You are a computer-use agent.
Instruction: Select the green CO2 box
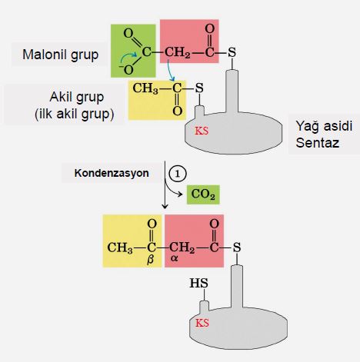tap(202, 194)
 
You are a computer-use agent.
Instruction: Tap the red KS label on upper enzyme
tap(202, 131)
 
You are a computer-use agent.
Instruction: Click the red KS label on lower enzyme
tap(202, 322)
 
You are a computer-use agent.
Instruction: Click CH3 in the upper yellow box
tap(146, 88)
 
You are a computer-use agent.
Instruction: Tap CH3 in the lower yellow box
tap(121, 247)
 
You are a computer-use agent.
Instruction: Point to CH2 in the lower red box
tap(183, 247)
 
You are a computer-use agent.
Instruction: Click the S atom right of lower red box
tap(238, 247)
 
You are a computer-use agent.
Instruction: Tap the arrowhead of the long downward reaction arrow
tap(165, 207)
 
